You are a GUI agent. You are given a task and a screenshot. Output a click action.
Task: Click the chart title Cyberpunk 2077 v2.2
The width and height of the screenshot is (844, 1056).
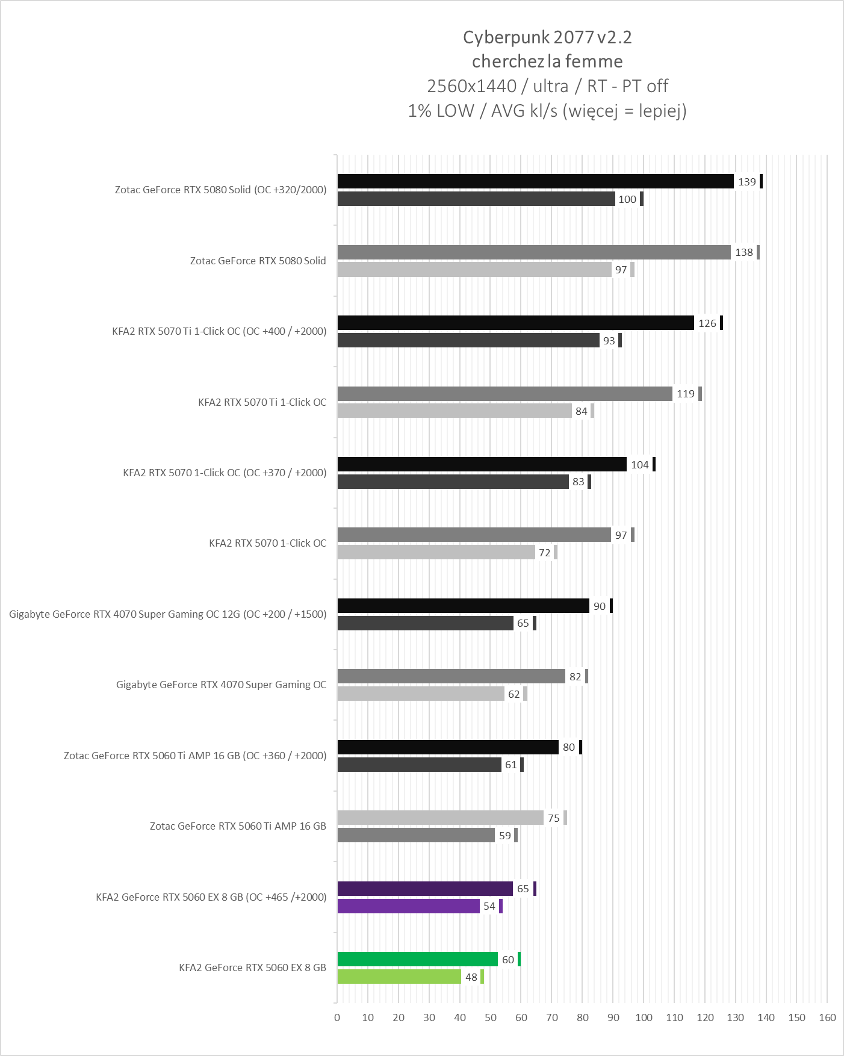[x=547, y=37]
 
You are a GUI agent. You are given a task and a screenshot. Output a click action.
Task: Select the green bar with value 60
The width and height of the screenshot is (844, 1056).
[x=417, y=959]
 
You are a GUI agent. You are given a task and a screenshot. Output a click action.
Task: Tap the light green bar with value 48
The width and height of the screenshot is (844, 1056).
[x=399, y=977]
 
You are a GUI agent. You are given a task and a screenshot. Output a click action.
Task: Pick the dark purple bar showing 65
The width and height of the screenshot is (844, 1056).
[x=425, y=889]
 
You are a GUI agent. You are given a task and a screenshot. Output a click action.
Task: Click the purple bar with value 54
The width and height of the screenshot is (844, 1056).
[x=408, y=906]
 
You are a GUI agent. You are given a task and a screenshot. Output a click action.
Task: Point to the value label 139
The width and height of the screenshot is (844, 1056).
[x=746, y=182]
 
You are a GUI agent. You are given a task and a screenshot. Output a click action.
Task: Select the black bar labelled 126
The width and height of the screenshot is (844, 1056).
[x=515, y=323]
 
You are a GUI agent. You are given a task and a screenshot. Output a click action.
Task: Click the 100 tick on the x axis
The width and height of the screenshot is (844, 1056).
[x=644, y=1017]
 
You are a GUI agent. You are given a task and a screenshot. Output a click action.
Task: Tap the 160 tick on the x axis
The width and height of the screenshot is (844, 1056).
[x=827, y=1017]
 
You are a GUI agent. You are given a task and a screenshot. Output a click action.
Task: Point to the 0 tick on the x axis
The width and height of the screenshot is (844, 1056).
[x=337, y=1017]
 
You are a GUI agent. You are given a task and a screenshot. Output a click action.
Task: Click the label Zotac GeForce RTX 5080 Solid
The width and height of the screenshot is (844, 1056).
[x=258, y=261]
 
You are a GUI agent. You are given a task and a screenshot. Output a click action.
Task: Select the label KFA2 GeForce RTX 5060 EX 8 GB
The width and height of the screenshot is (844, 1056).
[x=252, y=967]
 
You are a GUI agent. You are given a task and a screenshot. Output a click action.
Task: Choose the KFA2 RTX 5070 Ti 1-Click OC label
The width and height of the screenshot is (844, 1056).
[x=262, y=402]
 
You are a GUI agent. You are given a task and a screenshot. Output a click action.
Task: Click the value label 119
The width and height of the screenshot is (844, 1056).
[x=685, y=394]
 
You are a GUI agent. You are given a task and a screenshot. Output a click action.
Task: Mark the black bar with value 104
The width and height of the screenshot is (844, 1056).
[x=482, y=464]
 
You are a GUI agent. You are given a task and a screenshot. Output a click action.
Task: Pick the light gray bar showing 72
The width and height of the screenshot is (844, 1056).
[x=436, y=552]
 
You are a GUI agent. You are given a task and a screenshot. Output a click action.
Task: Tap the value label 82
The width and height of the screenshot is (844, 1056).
[x=575, y=677]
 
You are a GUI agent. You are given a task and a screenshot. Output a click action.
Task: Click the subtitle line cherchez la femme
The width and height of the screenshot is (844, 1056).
[x=547, y=61]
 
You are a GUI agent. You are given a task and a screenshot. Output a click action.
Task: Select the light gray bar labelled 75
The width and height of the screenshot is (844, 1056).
[x=440, y=818]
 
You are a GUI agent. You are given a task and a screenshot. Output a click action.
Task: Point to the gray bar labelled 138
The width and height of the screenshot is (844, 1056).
[x=534, y=252]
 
